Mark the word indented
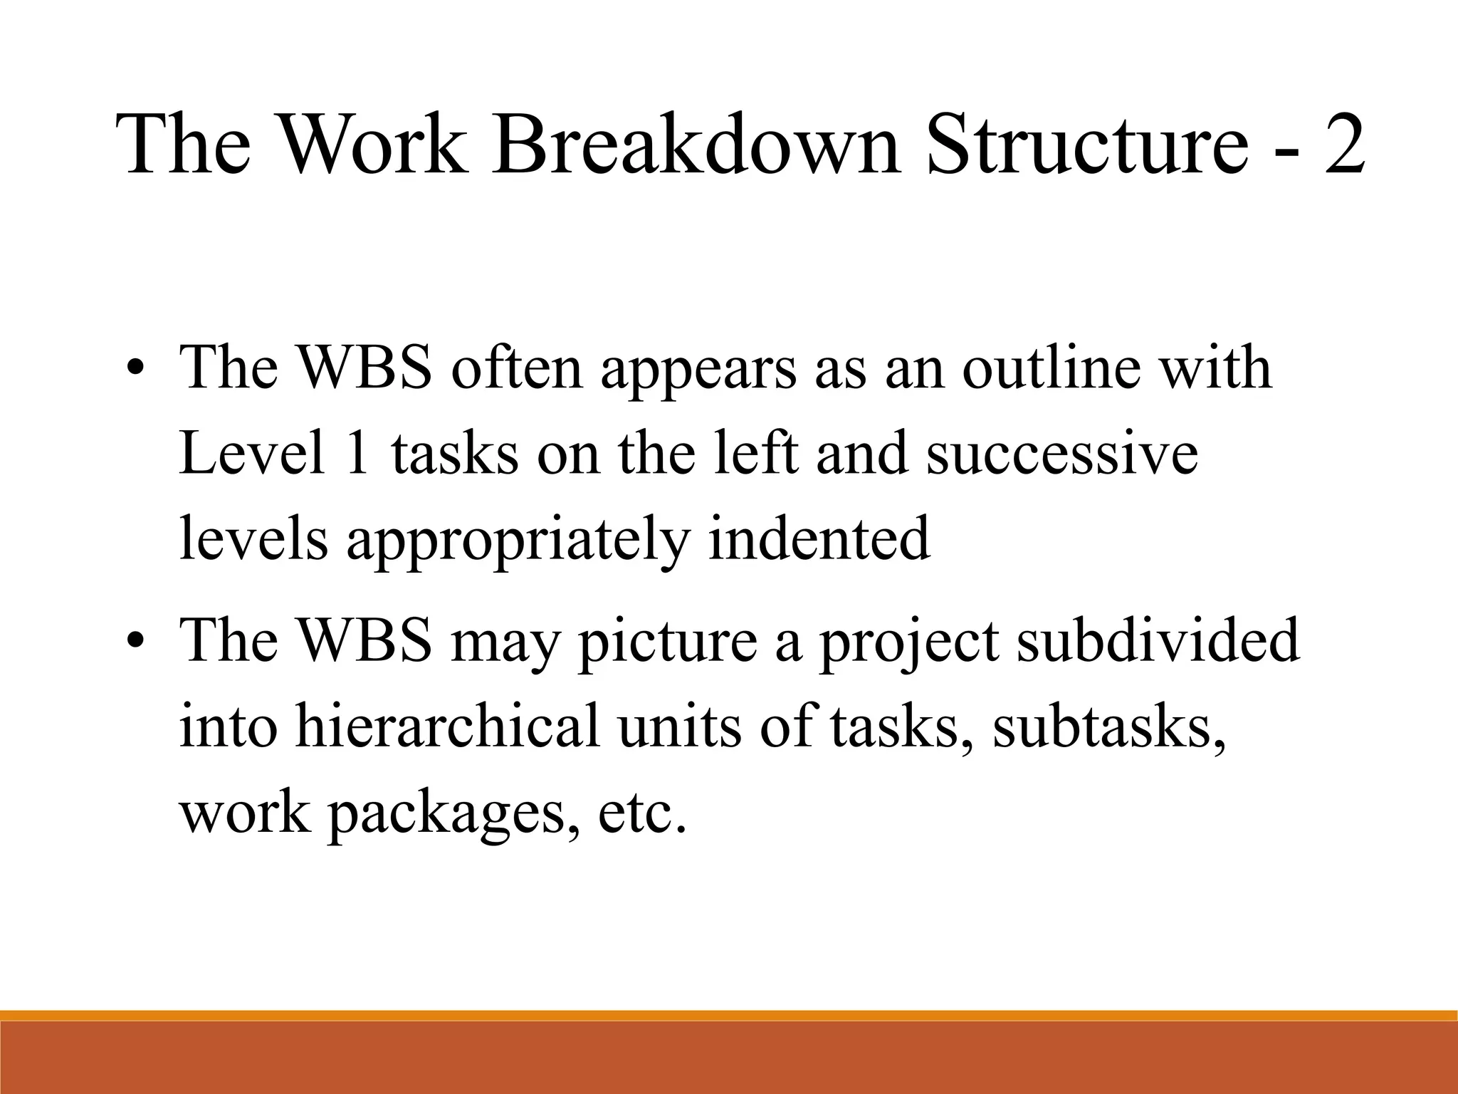tap(819, 538)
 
